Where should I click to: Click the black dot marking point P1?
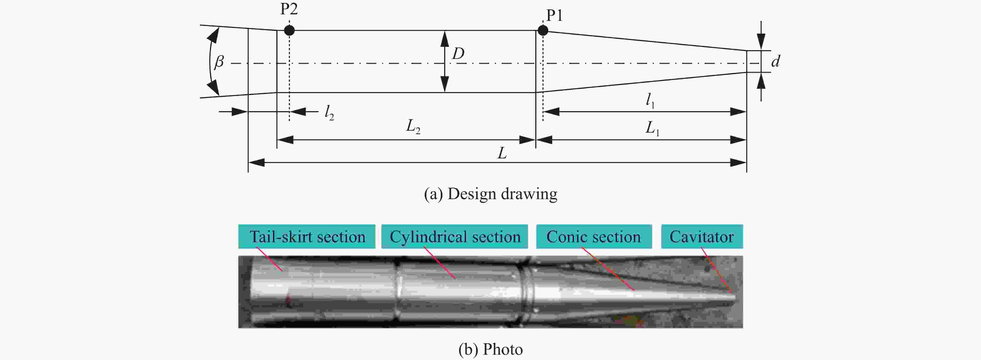coord(543,30)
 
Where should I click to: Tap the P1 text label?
coord(554,15)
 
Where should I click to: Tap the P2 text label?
coord(289,8)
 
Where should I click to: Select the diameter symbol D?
coord(458,54)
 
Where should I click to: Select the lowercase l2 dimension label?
coord(329,112)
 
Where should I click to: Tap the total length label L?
coord(502,153)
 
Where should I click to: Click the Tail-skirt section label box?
coord(307,236)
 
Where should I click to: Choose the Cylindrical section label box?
coord(455,236)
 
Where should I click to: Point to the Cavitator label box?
coord(702,236)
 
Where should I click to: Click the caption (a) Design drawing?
coord(491,194)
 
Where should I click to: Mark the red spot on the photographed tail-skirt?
coord(288,301)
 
